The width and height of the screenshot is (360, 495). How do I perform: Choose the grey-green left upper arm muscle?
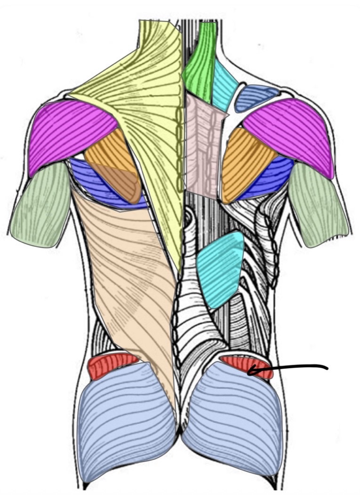pyautogui.click(x=40, y=207)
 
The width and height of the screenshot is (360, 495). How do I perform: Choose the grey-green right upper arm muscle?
pyautogui.click(x=318, y=207)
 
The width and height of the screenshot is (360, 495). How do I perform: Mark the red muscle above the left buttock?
pyautogui.click(x=111, y=365)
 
